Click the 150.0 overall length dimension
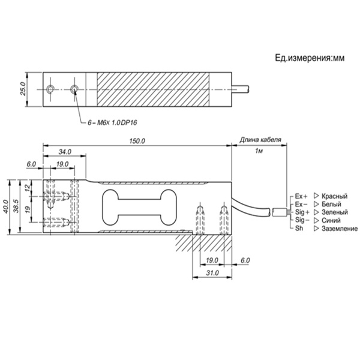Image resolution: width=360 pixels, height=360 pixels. (137, 141)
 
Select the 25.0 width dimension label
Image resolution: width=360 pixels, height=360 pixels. (23, 89)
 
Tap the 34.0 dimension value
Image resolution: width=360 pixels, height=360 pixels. (65, 152)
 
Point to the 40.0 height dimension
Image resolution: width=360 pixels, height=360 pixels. (5, 206)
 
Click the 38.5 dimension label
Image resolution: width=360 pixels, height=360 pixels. (16, 206)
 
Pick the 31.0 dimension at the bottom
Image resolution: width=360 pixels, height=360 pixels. (212, 273)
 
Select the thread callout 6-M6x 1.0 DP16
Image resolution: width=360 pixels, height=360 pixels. (112, 123)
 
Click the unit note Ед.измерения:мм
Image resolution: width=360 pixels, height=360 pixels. (310, 58)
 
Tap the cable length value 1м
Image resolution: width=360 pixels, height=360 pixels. (259, 151)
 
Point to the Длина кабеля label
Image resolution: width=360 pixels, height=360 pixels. (260, 140)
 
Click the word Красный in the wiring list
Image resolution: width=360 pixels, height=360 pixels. (335, 196)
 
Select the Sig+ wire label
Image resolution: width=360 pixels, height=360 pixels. (302, 212)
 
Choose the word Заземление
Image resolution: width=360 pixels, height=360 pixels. (340, 229)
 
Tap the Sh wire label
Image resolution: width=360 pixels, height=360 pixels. (299, 229)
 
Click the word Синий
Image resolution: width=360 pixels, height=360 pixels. (331, 220)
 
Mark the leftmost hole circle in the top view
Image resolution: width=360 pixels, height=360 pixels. (50, 89)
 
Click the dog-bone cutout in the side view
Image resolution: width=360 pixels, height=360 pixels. (139, 208)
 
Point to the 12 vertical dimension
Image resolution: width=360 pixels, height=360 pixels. (28, 188)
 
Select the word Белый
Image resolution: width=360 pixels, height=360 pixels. (331, 204)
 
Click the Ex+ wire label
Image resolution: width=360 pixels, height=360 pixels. (301, 196)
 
